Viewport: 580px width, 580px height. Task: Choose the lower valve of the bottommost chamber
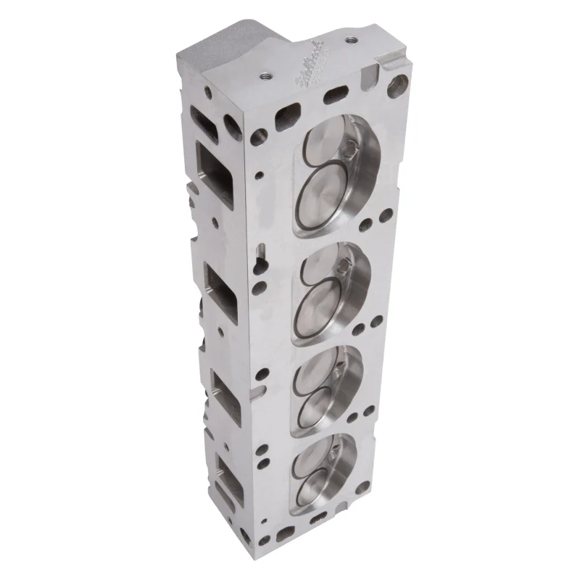point(316,481)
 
